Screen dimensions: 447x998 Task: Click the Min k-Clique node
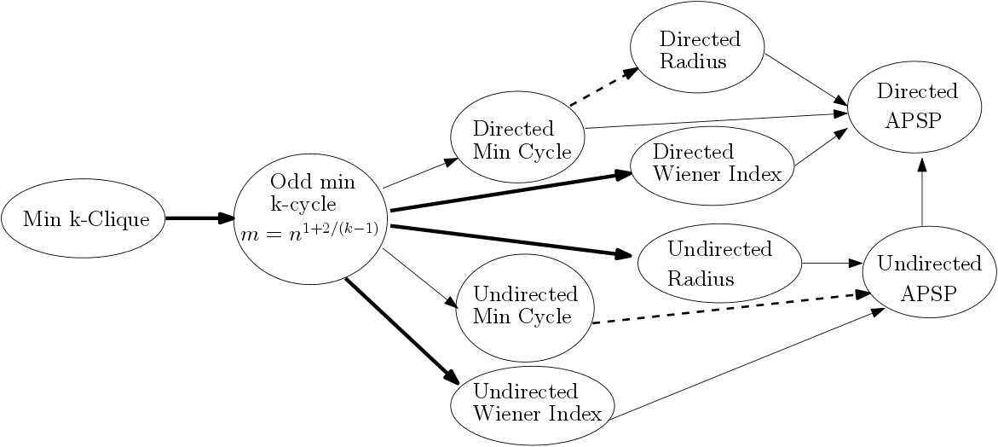[x=83, y=219]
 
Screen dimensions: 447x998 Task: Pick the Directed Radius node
[x=697, y=49]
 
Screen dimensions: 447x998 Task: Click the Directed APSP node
[x=916, y=105]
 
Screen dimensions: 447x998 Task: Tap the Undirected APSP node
[x=929, y=278]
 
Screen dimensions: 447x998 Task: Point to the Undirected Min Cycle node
[x=524, y=305]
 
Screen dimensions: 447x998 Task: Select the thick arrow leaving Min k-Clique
[x=199, y=218]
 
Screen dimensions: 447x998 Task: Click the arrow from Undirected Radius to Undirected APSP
[x=831, y=264]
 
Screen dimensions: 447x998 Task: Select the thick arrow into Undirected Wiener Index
[x=401, y=331]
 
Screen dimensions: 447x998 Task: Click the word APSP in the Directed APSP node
[x=913, y=119]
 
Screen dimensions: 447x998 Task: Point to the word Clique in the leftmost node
[x=123, y=219]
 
